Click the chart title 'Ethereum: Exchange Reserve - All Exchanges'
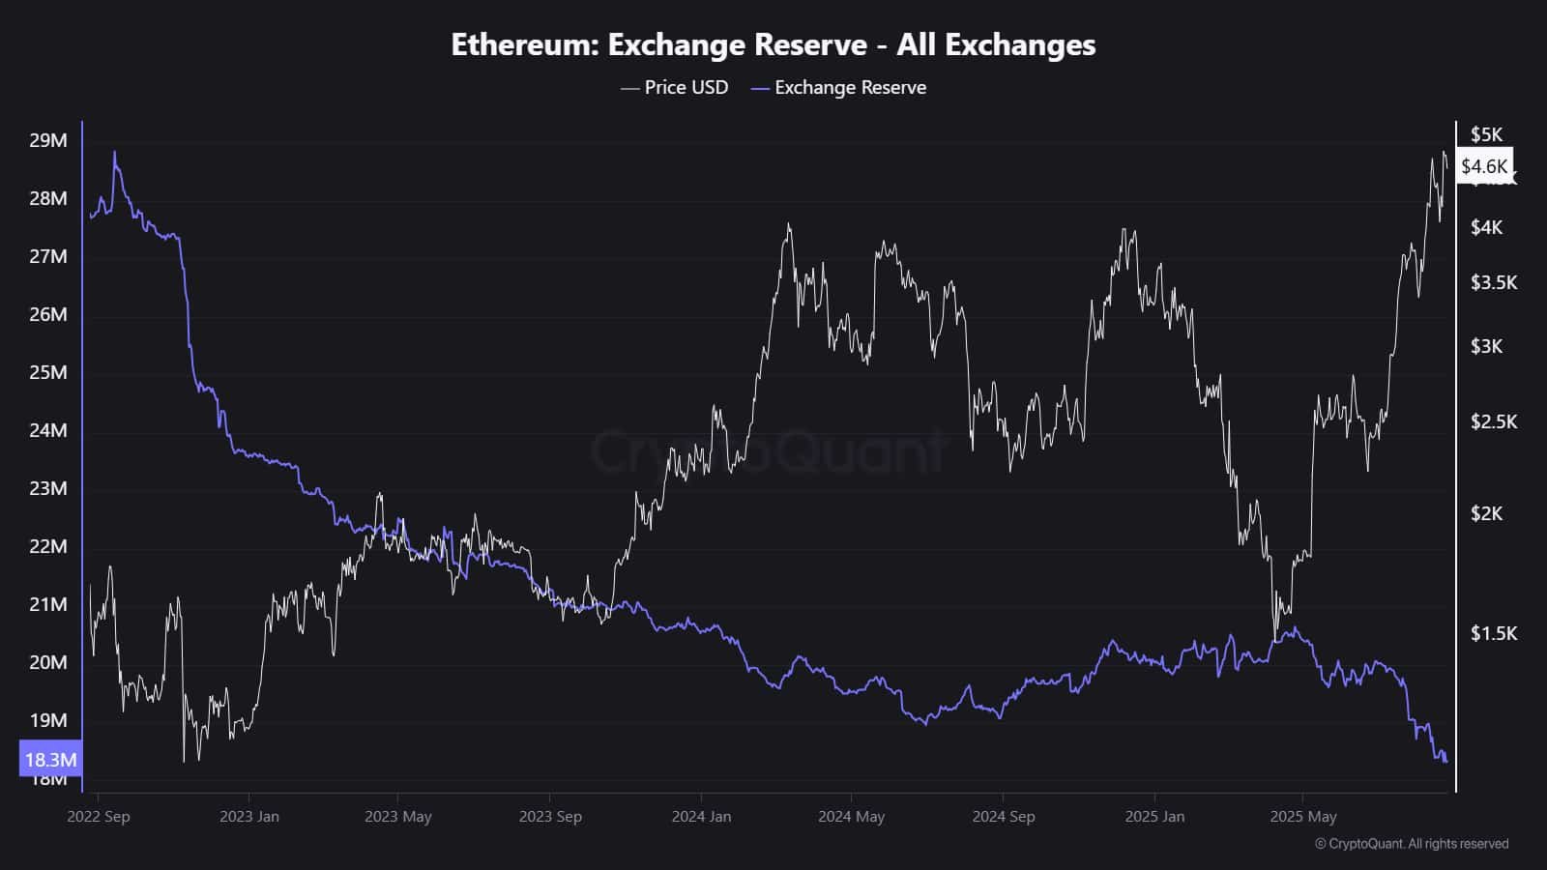(773, 44)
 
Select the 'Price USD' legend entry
(675, 88)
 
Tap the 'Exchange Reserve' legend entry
(839, 88)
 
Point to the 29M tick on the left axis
(48, 140)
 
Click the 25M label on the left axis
(48, 372)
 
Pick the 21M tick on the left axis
(48, 604)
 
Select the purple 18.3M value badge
(50, 760)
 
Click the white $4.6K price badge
(1484, 166)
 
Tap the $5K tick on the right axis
(1486, 134)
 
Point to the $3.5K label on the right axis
(1494, 282)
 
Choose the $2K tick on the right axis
(1486, 513)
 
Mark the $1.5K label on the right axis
(1494, 633)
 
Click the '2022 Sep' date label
(99, 817)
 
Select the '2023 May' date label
(397, 817)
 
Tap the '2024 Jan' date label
(701, 817)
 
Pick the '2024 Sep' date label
(1004, 817)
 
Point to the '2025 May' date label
(1303, 817)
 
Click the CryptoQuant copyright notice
(1412, 844)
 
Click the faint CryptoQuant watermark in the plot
(769, 452)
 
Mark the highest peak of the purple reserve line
(115, 152)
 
